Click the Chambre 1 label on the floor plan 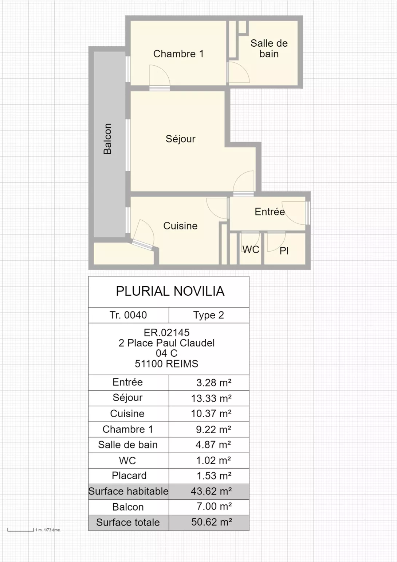click(178, 54)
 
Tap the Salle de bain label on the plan click(269, 49)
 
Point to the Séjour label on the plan click(180, 139)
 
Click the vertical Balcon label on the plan click(107, 139)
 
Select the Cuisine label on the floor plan click(180, 226)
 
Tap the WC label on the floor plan click(251, 249)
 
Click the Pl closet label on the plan click(284, 251)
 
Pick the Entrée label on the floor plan click(270, 212)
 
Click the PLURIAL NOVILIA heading click(170, 291)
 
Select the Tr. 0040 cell click(128, 315)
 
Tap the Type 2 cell click(209, 315)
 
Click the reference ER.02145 click(167, 333)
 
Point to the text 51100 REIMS click(167, 364)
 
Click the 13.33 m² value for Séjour click(211, 398)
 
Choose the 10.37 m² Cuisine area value click(211, 414)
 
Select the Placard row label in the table click(129, 476)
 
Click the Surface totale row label click(128, 522)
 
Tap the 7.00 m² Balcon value click(214, 506)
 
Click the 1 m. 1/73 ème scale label click(48, 530)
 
